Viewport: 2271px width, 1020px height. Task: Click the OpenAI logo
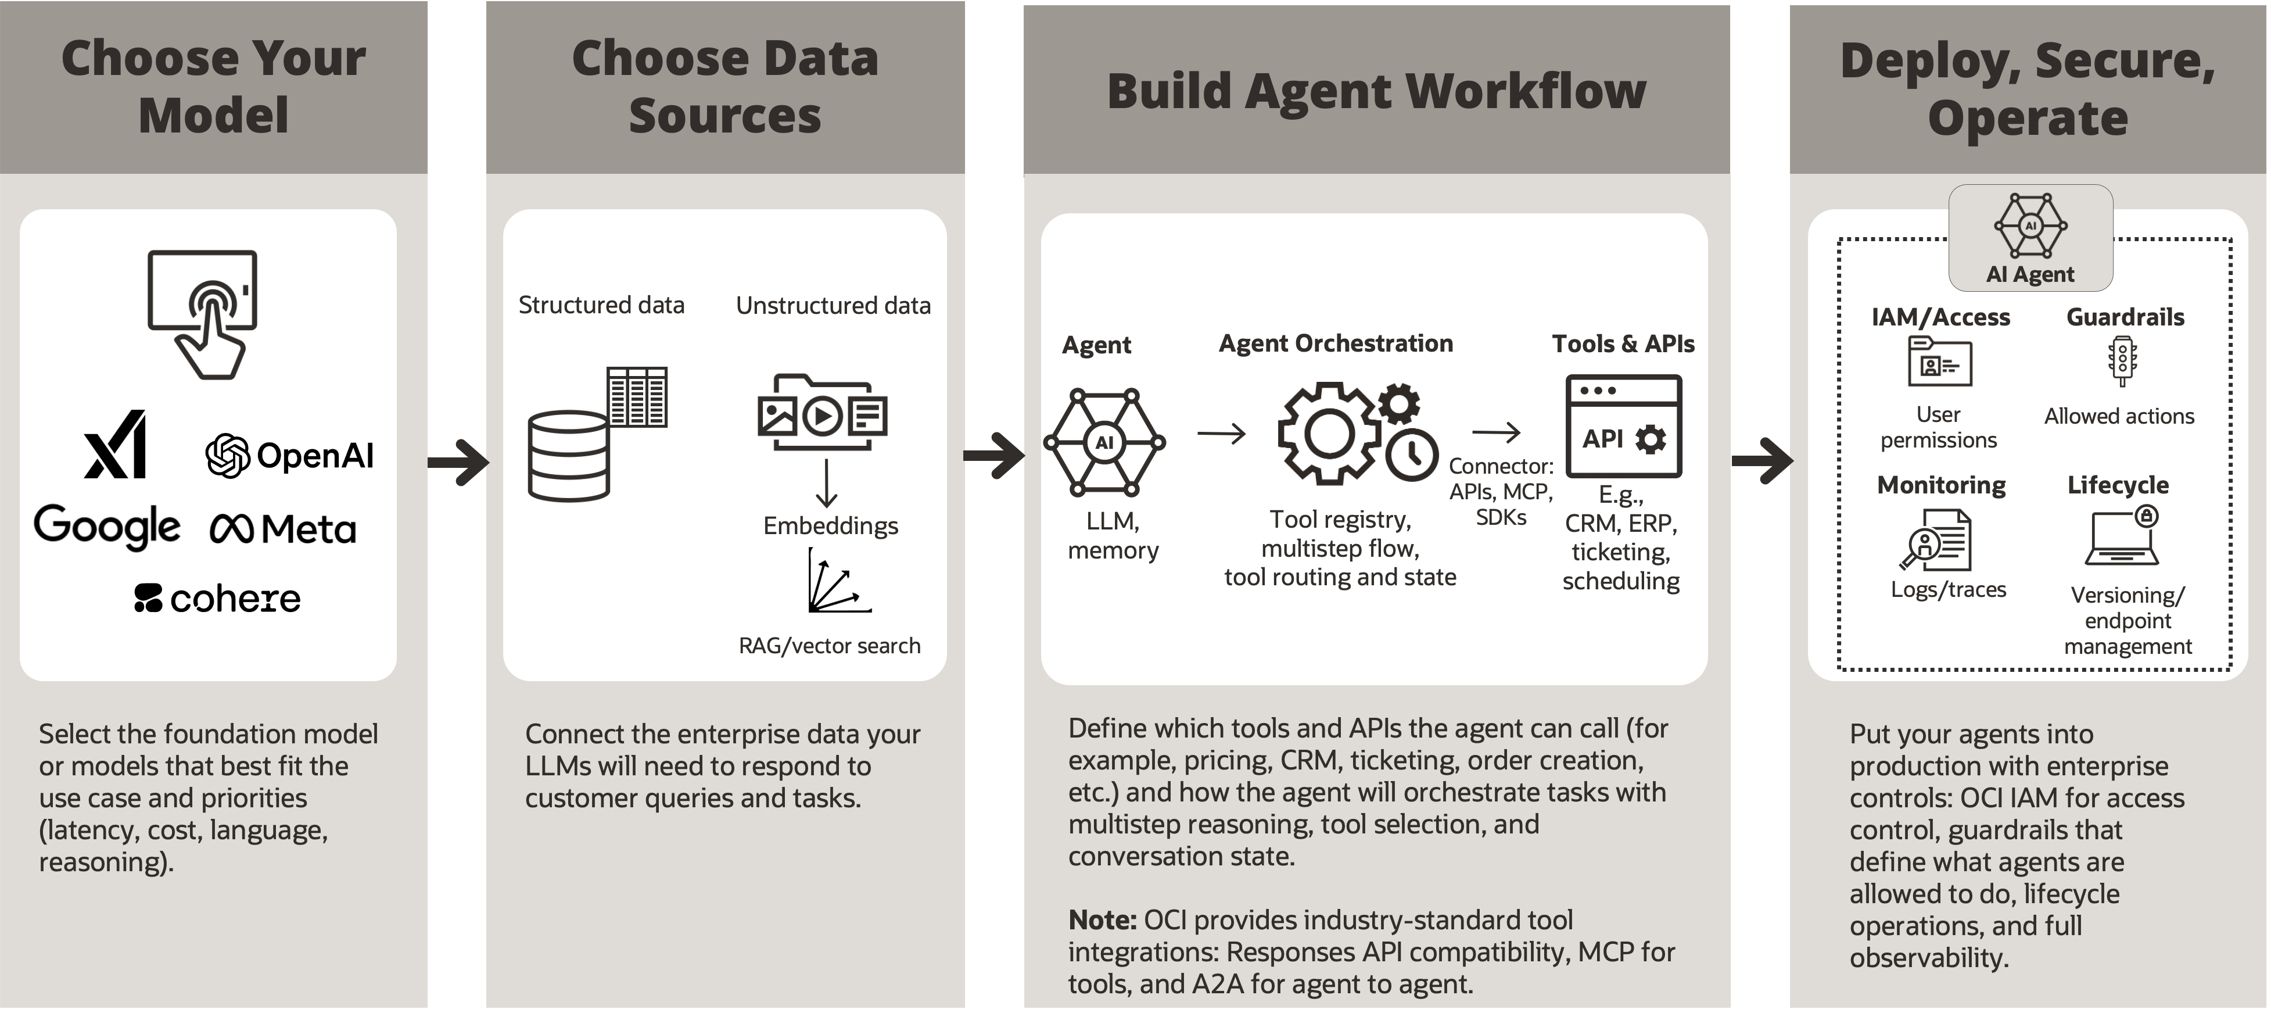pos(289,456)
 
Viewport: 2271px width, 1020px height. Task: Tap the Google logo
pos(107,527)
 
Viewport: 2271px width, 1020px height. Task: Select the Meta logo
pos(283,529)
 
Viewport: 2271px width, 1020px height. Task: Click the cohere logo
pos(217,599)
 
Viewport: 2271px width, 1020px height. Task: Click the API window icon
pos(1623,426)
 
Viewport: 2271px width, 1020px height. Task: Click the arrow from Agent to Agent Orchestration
pos(1221,434)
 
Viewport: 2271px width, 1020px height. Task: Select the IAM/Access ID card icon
pos(1939,362)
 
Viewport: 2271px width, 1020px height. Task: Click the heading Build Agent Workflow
pos(1376,91)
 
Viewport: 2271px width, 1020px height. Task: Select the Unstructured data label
pos(833,306)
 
